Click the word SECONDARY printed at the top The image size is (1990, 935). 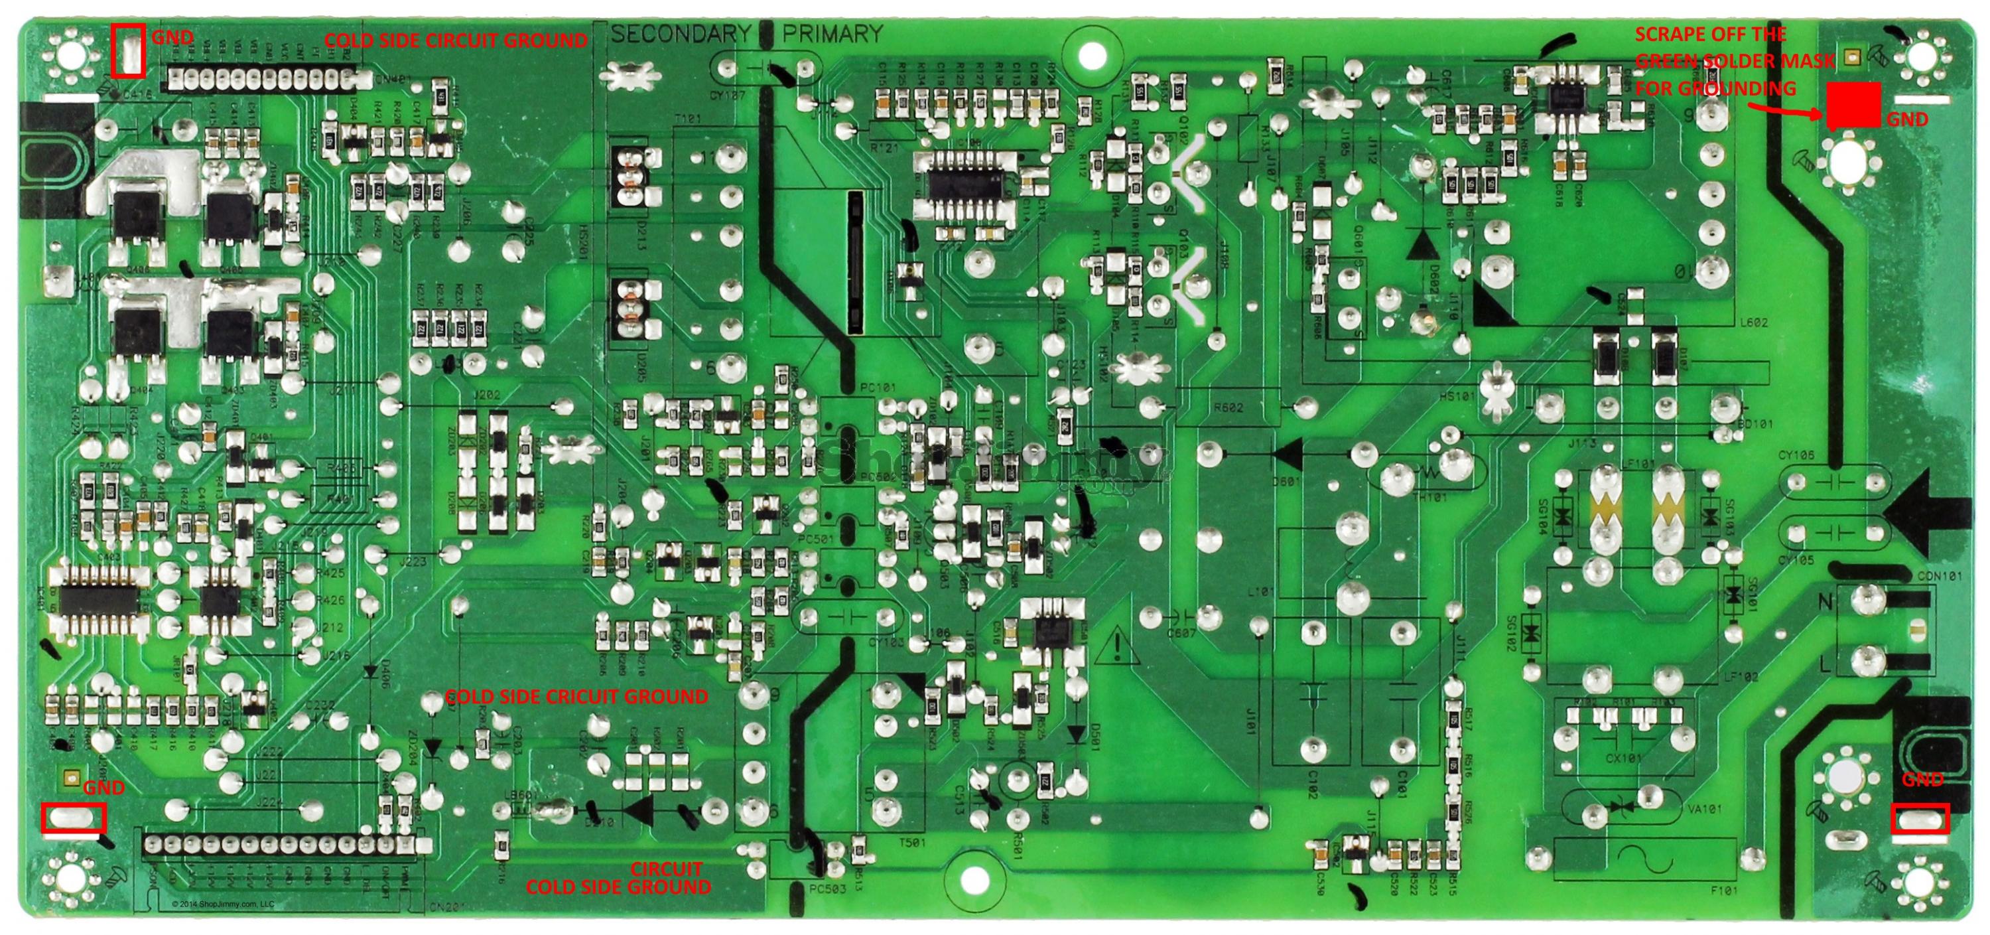tap(680, 34)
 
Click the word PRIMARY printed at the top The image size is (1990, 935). tap(832, 34)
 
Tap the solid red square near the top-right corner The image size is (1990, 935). tap(1853, 105)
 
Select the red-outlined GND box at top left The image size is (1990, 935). tap(127, 51)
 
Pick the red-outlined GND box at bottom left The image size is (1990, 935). tap(74, 818)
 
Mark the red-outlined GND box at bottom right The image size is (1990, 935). tap(1919, 819)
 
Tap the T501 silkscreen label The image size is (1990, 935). tap(912, 842)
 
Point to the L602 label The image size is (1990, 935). tap(1753, 323)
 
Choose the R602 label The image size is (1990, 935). tap(1228, 407)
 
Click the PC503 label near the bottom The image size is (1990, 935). tap(827, 889)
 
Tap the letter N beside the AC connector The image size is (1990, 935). tap(1825, 603)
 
